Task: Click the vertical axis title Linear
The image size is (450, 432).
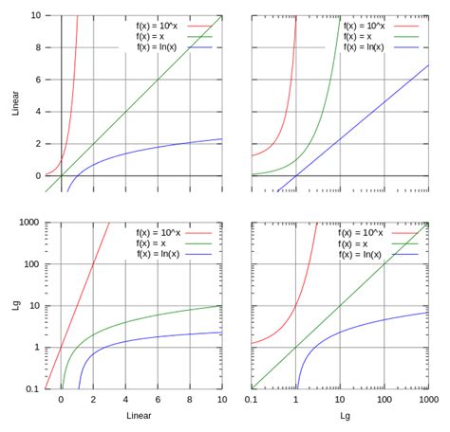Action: click(x=13, y=104)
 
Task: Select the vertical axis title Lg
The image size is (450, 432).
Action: click(x=13, y=305)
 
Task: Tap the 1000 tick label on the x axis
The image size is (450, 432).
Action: click(x=426, y=401)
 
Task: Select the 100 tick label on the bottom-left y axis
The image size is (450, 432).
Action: click(x=31, y=263)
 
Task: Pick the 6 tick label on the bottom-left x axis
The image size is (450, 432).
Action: click(x=157, y=401)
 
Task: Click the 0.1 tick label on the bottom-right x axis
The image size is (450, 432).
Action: click(x=252, y=401)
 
